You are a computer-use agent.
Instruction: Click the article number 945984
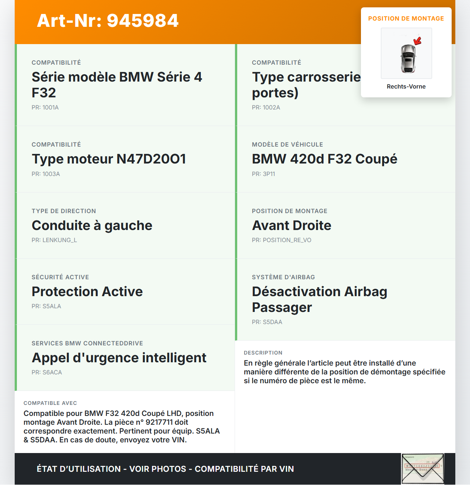point(142,21)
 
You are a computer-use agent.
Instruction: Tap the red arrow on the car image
point(417,40)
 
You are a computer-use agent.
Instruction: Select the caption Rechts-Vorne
point(406,87)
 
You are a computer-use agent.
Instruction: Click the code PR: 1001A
point(45,108)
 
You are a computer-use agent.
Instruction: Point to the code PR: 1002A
point(266,108)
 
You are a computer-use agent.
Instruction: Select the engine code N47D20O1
point(151,159)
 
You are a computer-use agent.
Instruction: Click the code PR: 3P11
point(263,174)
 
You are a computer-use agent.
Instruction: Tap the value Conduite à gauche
point(92,226)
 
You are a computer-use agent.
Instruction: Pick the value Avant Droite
point(292,226)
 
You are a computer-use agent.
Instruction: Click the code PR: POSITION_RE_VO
point(281,240)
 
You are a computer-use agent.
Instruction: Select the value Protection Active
point(87,292)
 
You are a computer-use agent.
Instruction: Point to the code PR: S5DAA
point(267,322)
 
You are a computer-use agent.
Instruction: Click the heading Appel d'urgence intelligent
point(119,358)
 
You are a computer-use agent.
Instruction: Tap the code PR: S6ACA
point(47,373)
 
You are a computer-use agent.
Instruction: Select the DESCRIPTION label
point(263,353)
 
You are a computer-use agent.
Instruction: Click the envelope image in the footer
point(423,469)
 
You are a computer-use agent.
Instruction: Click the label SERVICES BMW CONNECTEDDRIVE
point(87,344)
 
